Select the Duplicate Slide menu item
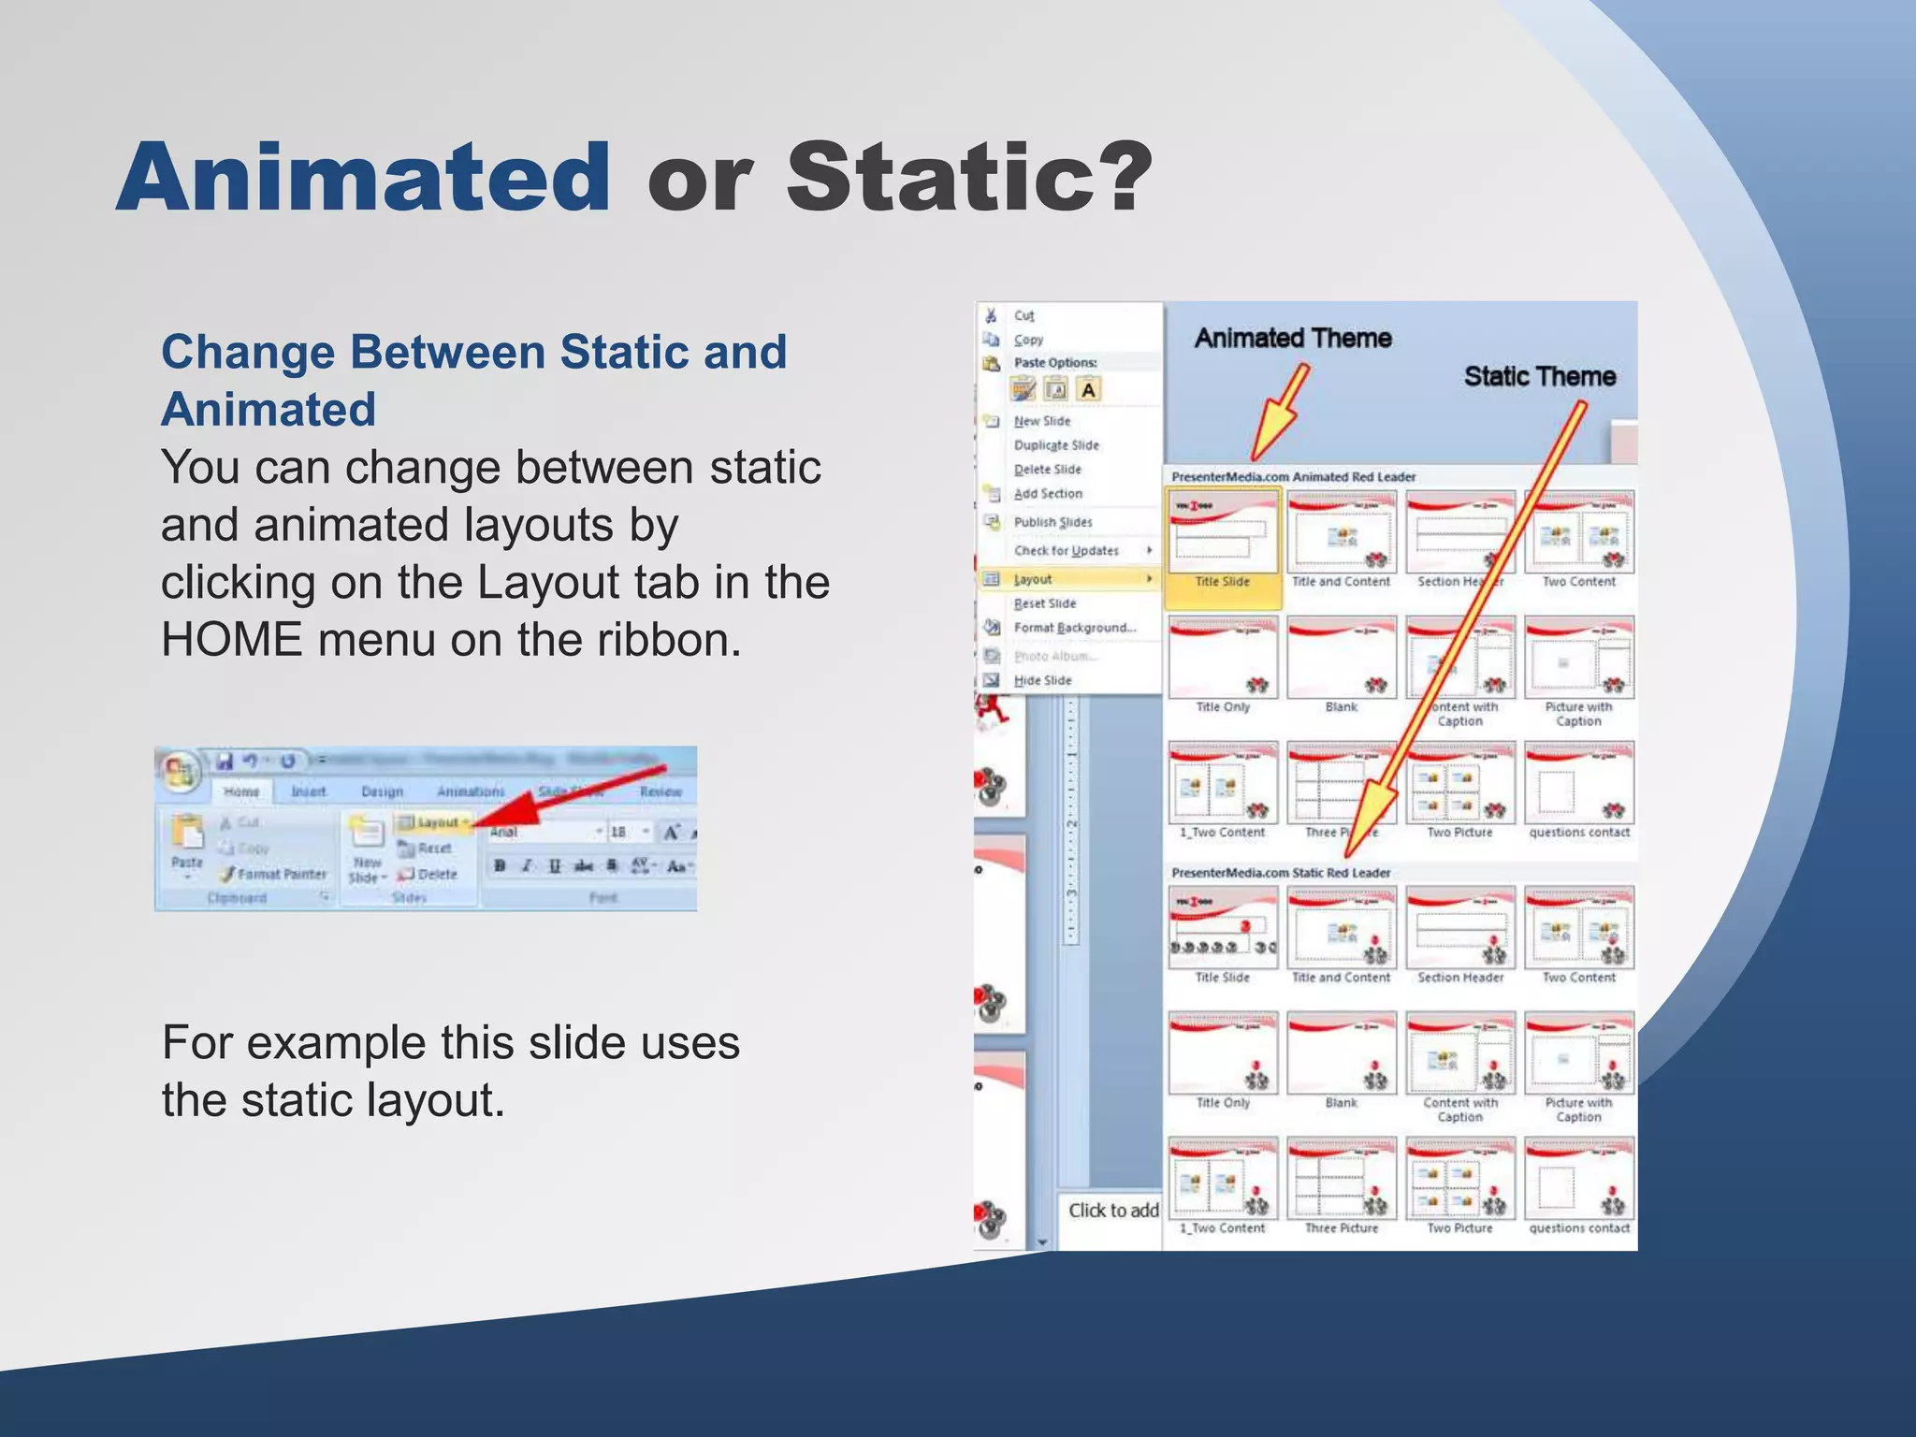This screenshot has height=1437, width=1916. click(x=1056, y=445)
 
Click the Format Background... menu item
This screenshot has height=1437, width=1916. click(x=1074, y=628)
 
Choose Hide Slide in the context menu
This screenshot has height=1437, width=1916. click(x=1042, y=680)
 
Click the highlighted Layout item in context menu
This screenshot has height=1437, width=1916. click(x=1033, y=579)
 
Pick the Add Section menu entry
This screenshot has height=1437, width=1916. click(x=1048, y=494)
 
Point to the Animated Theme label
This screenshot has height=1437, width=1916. click(x=1293, y=338)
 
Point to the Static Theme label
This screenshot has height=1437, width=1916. click(x=1539, y=376)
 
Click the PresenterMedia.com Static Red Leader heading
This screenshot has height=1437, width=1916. click(x=1280, y=873)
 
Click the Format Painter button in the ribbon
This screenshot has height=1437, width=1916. click(x=273, y=874)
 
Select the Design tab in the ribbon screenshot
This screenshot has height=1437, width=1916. click(x=382, y=791)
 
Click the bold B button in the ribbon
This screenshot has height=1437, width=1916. click(x=500, y=866)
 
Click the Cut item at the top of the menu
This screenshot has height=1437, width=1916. click(x=1023, y=316)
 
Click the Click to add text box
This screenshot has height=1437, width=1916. click(x=1112, y=1211)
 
